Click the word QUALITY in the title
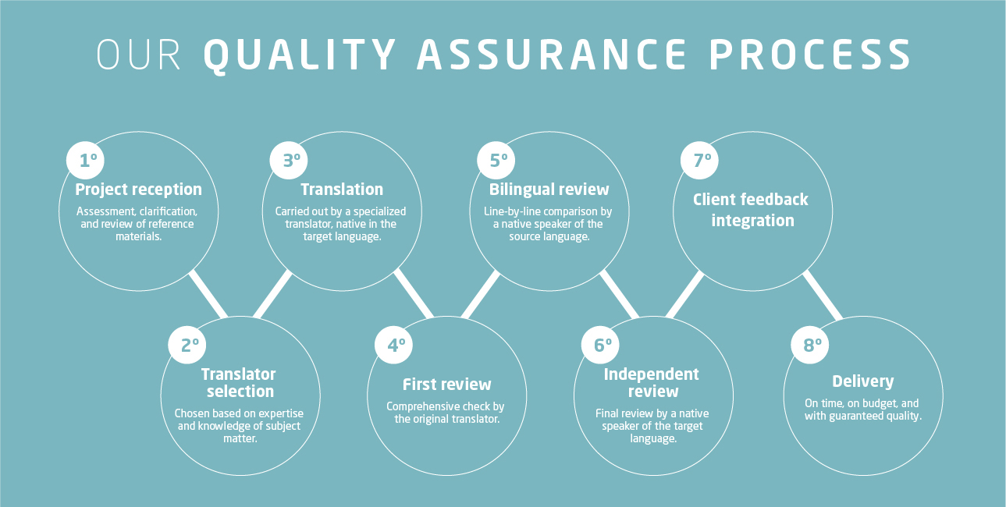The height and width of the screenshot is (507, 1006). [300, 55]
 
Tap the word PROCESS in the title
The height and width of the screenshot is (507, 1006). [810, 55]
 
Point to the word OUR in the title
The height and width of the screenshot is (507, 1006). [138, 55]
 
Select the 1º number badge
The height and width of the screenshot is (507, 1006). [85, 160]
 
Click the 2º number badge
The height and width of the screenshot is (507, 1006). [187, 345]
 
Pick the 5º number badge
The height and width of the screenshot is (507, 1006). [496, 160]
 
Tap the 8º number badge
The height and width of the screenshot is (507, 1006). [810, 345]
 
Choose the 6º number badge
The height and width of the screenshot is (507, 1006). [600, 345]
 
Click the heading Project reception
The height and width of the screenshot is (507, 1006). [138, 190]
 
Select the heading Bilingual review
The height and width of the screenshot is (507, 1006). [549, 190]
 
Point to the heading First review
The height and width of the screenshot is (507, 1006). [447, 385]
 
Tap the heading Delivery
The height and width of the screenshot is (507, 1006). [862, 381]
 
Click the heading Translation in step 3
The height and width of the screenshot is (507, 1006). [342, 190]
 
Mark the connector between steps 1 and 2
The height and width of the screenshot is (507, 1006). [208, 294]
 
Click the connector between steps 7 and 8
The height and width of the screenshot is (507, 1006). [823, 295]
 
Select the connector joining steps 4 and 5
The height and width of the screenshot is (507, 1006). [481, 294]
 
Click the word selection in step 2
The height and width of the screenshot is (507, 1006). [240, 392]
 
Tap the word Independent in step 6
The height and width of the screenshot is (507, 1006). [651, 374]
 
